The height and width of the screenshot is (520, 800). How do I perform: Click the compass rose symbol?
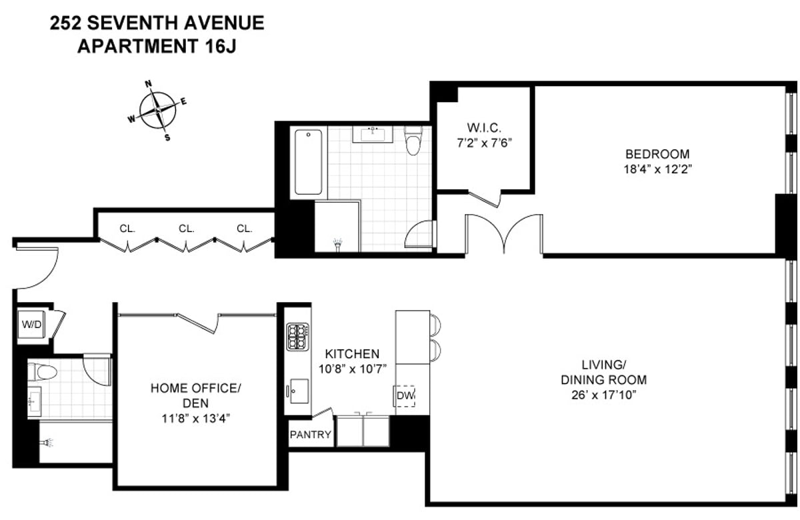[x=157, y=110]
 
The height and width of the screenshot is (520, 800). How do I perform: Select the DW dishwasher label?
[x=405, y=397]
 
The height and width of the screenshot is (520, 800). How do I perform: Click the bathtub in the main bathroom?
[x=307, y=162]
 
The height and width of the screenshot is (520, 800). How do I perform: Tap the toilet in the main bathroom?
[x=413, y=141]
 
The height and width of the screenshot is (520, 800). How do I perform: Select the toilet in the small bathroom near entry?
[x=42, y=371]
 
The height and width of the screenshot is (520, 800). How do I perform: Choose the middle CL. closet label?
[x=186, y=229]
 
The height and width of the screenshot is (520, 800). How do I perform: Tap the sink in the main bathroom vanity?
[x=374, y=135]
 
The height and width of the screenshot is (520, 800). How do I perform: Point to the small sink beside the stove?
[x=298, y=389]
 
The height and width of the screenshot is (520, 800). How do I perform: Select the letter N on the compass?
[x=149, y=84]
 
